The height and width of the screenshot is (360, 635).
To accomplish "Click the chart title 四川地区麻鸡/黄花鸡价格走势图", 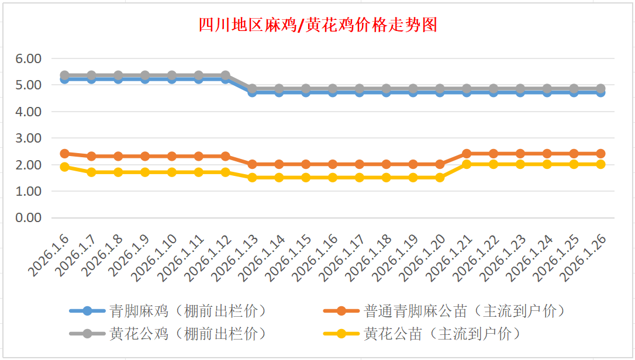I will pyautogui.click(x=317, y=25).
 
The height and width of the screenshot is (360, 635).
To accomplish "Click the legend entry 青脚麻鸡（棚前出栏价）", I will pyautogui.click(x=188, y=310).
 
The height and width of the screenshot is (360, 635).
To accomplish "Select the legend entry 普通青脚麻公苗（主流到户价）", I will pyautogui.click(x=465, y=310).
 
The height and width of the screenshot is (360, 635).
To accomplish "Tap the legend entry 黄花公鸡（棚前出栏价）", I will pyautogui.click(x=188, y=334).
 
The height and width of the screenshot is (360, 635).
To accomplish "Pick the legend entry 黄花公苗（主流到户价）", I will pyautogui.click(x=441, y=334).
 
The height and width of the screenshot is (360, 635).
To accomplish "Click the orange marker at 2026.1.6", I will pyautogui.click(x=65, y=154).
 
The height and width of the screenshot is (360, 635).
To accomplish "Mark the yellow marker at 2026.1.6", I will pyautogui.click(x=65, y=167).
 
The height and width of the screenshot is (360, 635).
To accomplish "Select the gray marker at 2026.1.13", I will pyautogui.click(x=252, y=89).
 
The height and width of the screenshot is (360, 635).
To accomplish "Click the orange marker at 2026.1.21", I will pyautogui.click(x=467, y=154).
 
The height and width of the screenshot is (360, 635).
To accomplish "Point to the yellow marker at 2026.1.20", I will pyautogui.click(x=440, y=177).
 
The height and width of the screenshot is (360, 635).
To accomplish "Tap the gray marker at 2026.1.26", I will pyautogui.click(x=601, y=89).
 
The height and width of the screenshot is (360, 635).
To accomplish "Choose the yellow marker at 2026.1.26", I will pyautogui.click(x=601, y=164).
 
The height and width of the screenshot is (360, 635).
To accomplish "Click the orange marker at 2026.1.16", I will pyautogui.click(x=333, y=164).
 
